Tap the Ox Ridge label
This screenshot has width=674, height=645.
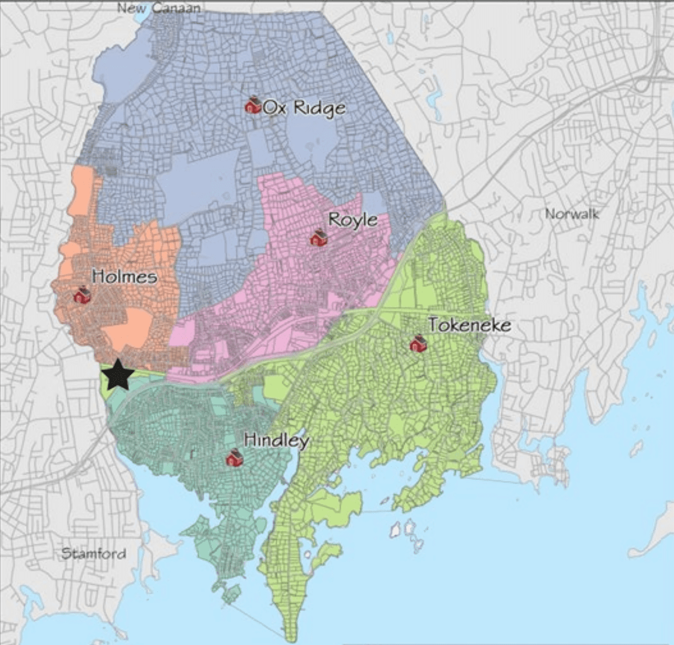[x=304, y=107]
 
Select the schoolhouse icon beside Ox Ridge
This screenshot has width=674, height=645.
[x=254, y=105]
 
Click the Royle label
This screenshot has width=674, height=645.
[x=353, y=220]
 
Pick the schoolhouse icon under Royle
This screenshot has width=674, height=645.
[x=318, y=238]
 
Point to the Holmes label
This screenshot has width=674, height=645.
[x=124, y=276]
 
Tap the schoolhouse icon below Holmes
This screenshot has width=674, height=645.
[x=82, y=295]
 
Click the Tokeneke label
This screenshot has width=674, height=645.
[x=470, y=325]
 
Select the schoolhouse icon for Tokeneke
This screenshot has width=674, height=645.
[x=418, y=344]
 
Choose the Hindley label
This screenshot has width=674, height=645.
[x=276, y=440]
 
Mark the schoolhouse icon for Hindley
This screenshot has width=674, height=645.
[x=234, y=459]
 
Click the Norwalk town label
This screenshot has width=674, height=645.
[x=572, y=214]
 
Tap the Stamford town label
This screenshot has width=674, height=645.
[x=94, y=553]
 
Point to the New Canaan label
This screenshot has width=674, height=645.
[x=159, y=8]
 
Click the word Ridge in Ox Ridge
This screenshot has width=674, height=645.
[x=319, y=108]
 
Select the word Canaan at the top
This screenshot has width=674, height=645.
[x=177, y=8]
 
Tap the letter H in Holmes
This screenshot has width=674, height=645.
[x=97, y=276]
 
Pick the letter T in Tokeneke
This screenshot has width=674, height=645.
[x=433, y=325]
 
